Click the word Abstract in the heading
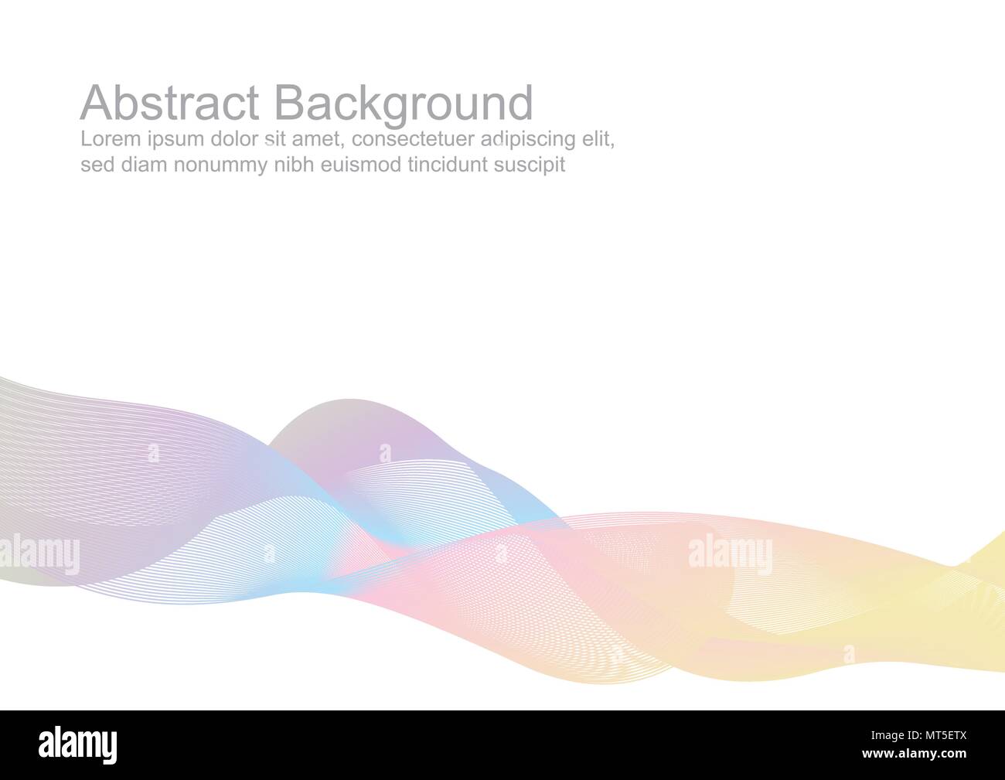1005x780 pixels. click(169, 103)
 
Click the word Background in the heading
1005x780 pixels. click(403, 104)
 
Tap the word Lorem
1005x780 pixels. click(105, 140)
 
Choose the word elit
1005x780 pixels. click(599, 140)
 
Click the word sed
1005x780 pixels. click(96, 165)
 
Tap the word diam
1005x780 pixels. click(143, 165)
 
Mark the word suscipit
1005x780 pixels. click(532, 165)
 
